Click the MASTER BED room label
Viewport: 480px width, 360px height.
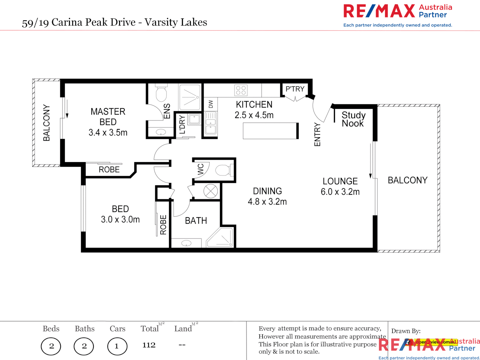tap(108, 117)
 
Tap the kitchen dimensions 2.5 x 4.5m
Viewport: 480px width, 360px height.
tap(254, 115)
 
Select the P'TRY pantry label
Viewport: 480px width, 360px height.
tap(295, 89)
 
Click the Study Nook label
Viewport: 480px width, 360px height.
tap(353, 119)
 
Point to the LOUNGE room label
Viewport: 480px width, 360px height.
tap(340, 181)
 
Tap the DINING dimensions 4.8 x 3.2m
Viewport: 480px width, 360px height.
tap(267, 202)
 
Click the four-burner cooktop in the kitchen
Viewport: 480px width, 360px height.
tap(241, 90)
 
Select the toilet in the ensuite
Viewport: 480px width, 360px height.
tap(161, 94)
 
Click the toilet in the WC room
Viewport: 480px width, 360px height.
tap(223, 170)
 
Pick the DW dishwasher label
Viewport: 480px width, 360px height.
tap(211, 104)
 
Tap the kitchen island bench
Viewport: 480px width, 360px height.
tap(270, 131)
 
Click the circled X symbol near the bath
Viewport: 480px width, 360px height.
tap(211, 191)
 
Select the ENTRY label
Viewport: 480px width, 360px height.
tap(317, 134)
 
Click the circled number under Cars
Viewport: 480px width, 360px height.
tap(117, 346)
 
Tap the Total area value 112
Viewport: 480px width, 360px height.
tap(149, 345)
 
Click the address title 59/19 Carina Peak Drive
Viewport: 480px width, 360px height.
tap(114, 22)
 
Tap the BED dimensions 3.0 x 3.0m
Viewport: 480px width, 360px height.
tap(120, 220)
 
